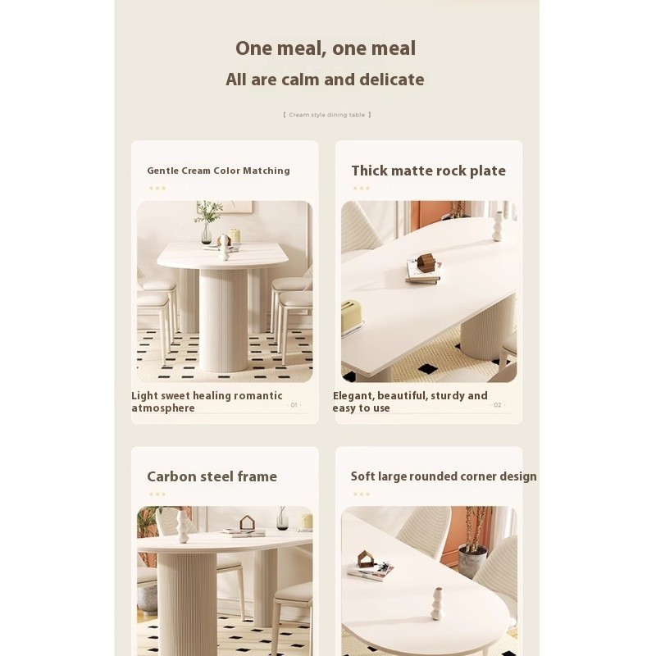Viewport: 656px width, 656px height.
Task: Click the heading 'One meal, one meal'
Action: pos(326,48)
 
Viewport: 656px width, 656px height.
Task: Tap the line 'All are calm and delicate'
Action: pos(325,80)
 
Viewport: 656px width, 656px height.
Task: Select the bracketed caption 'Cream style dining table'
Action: pos(326,115)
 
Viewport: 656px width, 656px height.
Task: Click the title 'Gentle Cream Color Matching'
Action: pos(218,171)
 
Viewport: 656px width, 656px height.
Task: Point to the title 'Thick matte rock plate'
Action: pos(428,171)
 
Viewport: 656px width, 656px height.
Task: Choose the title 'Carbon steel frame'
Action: pos(212,476)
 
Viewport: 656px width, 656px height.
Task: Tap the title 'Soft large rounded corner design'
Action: pos(444,476)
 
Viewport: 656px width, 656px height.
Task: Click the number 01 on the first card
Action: pos(294,405)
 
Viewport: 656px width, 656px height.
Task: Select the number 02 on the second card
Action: pos(498,405)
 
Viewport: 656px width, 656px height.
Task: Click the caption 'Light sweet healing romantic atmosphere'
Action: pos(207,402)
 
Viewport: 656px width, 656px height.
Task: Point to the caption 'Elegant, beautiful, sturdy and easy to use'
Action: pos(410,402)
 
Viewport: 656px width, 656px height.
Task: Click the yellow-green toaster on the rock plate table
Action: pos(352,317)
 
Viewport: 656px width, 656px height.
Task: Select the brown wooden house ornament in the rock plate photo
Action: pos(426,262)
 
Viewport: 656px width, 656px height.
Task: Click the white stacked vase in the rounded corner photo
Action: pos(437,604)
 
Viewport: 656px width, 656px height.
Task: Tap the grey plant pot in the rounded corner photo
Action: pos(473,561)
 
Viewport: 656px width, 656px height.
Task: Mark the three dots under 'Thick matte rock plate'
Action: pos(362,189)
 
